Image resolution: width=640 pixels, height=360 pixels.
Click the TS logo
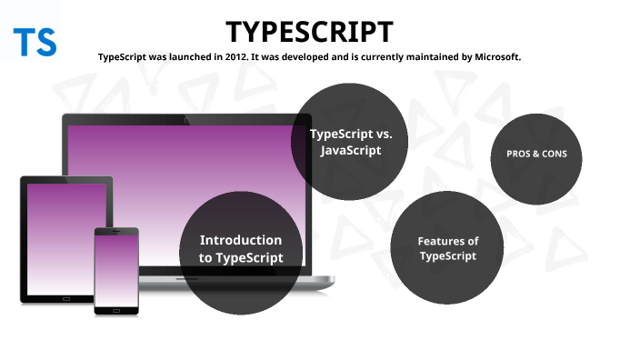pyautogui.click(x=35, y=42)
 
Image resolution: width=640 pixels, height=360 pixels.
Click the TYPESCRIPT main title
pyautogui.click(x=310, y=32)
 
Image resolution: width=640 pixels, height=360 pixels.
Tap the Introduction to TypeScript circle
pyautogui.click(x=241, y=251)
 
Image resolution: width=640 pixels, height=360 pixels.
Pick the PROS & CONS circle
pyautogui.click(x=536, y=155)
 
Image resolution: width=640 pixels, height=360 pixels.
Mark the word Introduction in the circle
pyautogui.click(x=241, y=241)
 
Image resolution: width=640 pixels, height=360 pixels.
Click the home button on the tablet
pyautogui.click(x=66, y=297)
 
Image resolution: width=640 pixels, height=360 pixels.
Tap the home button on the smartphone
pyautogui.click(x=116, y=309)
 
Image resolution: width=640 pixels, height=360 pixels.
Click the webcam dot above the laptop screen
pyautogui.click(x=186, y=120)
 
